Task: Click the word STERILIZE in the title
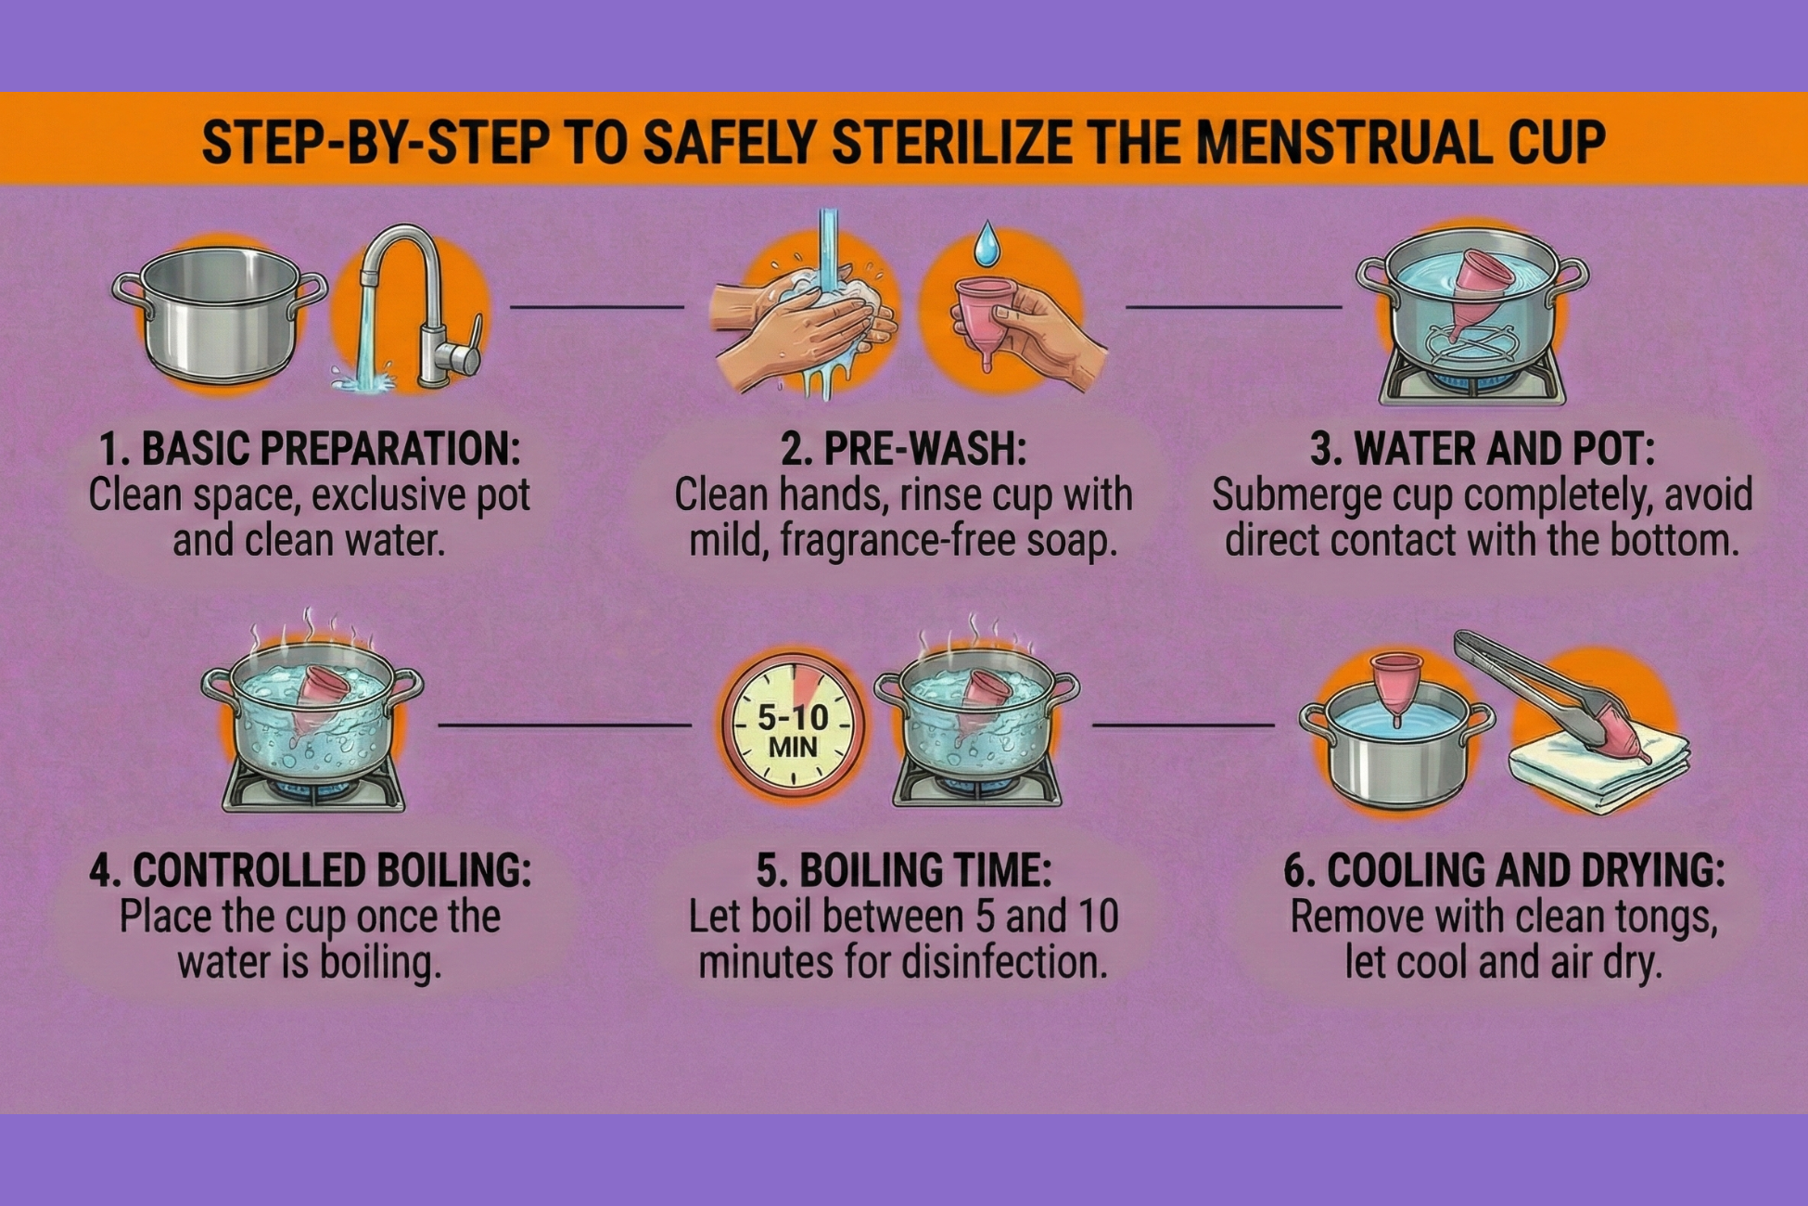coord(953,142)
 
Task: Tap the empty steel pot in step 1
coord(220,314)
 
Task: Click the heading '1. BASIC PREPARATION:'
coord(310,450)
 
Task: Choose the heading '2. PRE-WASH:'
coord(904,450)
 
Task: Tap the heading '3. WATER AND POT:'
coord(1483,450)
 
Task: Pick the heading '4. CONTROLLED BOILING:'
coord(311,871)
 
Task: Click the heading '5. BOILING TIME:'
coord(904,871)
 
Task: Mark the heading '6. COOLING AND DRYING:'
coord(1504,871)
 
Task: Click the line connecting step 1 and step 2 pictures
coord(597,306)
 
